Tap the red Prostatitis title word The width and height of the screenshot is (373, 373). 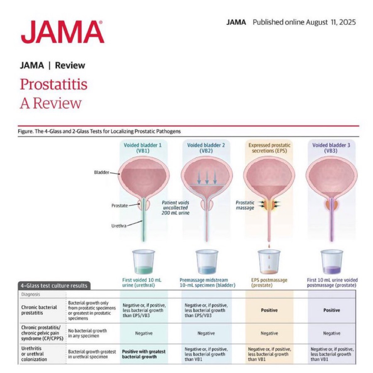54,84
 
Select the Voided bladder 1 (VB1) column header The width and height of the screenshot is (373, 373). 143,148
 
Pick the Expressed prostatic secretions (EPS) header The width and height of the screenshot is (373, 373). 269,148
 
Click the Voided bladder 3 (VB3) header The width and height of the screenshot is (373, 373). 331,148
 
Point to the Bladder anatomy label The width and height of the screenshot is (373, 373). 101,172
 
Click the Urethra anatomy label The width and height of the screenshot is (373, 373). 119,226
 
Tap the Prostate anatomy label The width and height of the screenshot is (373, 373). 120,206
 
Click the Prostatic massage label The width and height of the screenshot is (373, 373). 245,205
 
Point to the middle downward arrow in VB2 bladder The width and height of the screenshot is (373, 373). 207,177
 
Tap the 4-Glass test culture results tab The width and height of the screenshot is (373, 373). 54,286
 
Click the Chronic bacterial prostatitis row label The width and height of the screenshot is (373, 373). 39,310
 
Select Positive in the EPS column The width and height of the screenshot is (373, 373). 269,310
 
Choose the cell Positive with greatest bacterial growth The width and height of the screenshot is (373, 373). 144,354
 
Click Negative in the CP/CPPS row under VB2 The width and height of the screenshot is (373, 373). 206,333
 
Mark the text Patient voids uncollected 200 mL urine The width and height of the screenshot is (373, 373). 176,208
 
